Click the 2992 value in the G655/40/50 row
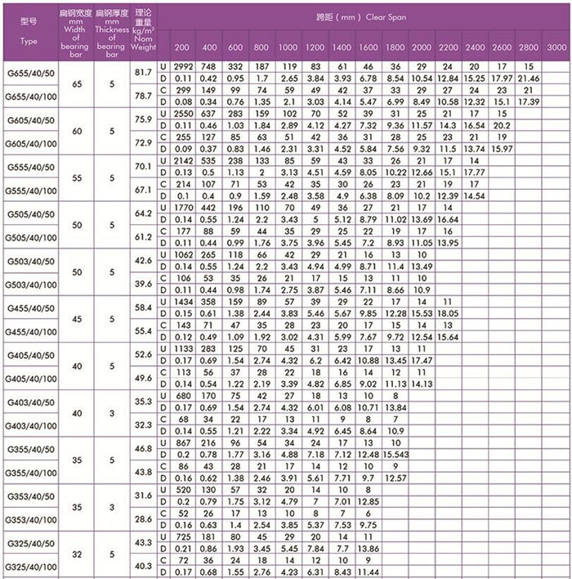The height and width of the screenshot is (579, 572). pyautogui.click(x=183, y=65)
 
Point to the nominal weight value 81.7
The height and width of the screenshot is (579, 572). pyautogui.click(x=144, y=73)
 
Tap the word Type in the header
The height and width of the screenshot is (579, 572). pyautogui.click(x=29, y=41)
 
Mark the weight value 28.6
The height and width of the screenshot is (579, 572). pyautogui.click(x=144, y=518)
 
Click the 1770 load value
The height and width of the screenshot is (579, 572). pyautogui.click(x=183, y=209)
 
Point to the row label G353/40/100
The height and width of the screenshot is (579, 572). pyautogui.click(x=30, y=518)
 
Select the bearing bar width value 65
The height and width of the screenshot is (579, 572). pyautogui.click(x=76, y=84)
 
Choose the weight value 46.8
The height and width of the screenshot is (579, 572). pyautogui.click(x=144, y=448)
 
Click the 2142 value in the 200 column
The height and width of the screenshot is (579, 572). pyautogui.click(x=183, y=161)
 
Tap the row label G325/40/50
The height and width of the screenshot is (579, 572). pyautogui.click(x=30, y=543)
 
